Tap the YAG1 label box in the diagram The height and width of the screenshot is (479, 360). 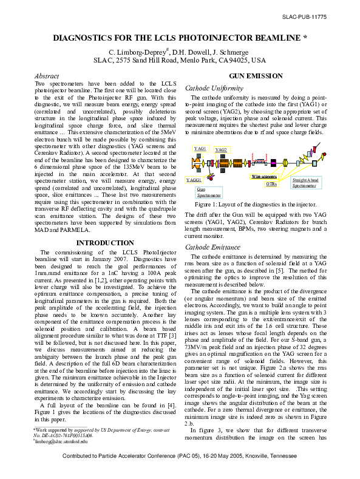tap(200, 148)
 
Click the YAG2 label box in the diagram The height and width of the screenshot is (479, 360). tap(221, 149)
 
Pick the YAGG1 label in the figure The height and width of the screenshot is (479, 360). tap(194, 180)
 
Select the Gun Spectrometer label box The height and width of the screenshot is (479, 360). tap(208, 192)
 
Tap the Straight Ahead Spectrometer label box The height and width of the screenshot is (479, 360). tap(304, 183)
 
